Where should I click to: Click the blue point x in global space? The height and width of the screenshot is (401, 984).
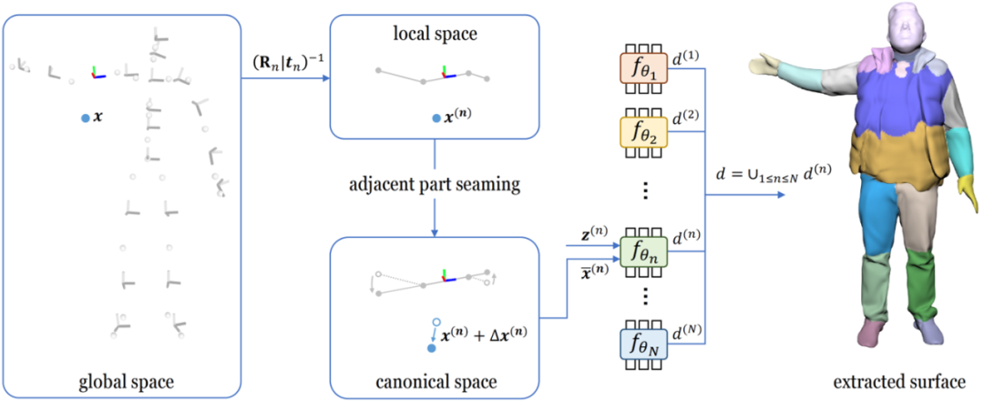pyautogui.click(x=85, y=118)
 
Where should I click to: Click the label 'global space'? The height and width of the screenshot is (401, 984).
pyautogui.click(x=122, y=378)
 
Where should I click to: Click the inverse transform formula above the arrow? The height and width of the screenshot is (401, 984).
pyautogui.click(x=284, y=66)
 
